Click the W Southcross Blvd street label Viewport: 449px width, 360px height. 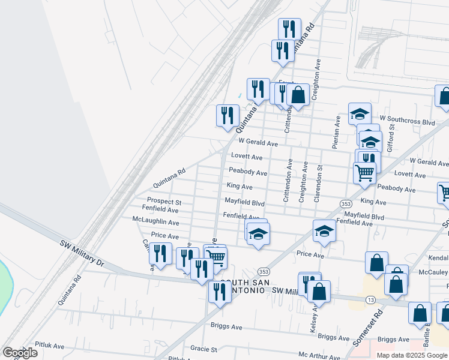click(x=406, y=122)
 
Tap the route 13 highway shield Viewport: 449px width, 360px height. click(x=372, y=299)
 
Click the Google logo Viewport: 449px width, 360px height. click(x=19, y=353)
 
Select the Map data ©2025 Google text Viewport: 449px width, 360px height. click(x=411, y=355)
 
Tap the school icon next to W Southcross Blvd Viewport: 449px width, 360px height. click(x=359, y=113)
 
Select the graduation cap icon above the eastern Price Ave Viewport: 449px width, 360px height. click(x=324, y=230)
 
